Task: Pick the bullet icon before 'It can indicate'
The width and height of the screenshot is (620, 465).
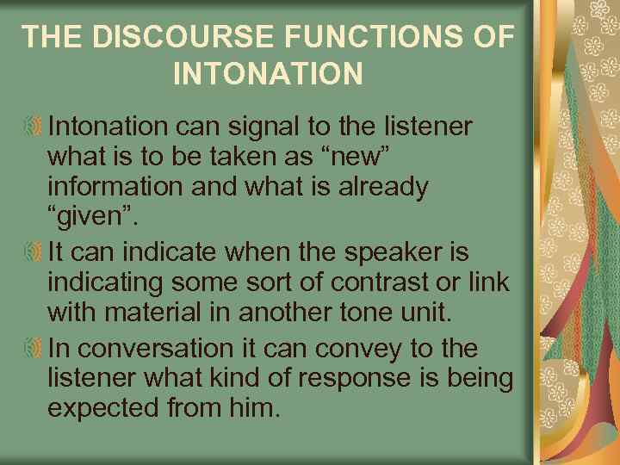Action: [34, 253]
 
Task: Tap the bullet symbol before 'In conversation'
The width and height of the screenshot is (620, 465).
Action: [34, 349]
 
